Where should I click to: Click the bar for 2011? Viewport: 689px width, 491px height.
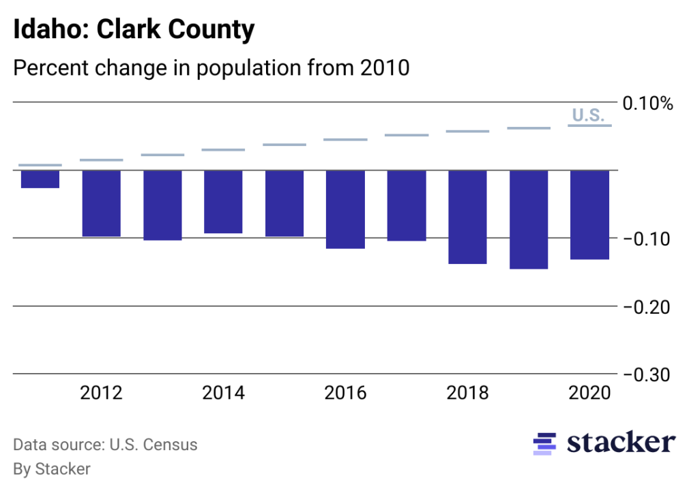click(40, 179)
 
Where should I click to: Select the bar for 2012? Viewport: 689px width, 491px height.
click(102, 203)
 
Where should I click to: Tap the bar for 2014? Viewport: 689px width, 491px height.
click(223, 202)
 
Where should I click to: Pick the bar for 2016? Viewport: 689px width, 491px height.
click(345, 209)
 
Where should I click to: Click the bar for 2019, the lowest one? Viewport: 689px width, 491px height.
click(529, 220)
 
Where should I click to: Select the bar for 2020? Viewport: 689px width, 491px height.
click(589, 215)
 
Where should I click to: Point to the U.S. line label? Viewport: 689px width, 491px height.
click(587, 115)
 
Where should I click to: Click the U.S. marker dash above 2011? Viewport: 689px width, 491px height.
click(40, 165)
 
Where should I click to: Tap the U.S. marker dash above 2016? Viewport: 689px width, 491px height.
click(345, 140)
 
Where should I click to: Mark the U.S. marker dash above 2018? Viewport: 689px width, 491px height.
click(467, 131)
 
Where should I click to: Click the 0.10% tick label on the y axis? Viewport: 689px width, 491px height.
click(647, 104)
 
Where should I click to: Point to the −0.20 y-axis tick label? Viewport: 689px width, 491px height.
click(647, 308)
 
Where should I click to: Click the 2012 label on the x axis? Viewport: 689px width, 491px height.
click(102, 393)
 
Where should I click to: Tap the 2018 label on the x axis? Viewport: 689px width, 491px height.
click(467, 393)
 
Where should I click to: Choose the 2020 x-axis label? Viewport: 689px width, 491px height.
click(589, 393)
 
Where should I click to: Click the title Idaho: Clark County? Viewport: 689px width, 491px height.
click(134, 30)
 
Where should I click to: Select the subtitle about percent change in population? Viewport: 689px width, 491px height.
click(211, 68)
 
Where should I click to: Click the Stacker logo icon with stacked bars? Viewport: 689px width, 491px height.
click(544, 443)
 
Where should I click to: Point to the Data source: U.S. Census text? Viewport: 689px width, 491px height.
click(106, 445)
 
